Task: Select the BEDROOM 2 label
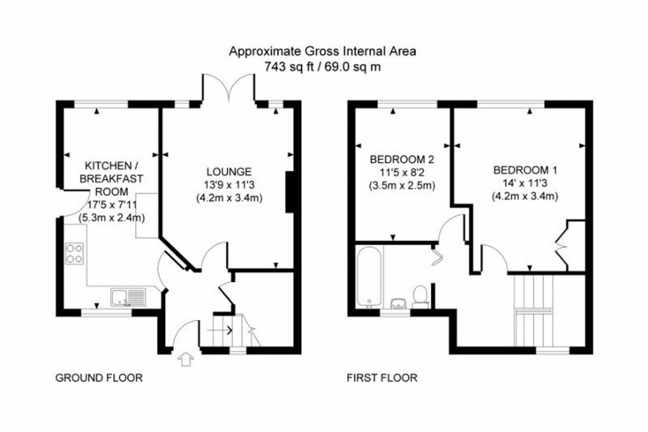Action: click(x=401, y=159)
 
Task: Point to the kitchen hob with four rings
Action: click(x=74, y=253)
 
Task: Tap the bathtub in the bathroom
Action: click(x=368, y=276)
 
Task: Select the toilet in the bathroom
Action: click(x=419, y=296)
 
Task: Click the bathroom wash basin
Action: click(x=398, y=302)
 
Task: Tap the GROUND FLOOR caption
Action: click(x=99, y=378)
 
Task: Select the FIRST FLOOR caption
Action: click(x=382, y=378)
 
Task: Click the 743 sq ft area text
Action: click(x=288, y=65)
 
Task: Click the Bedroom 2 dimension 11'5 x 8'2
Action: click(x=401, y=173)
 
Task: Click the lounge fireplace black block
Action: click(x=289, y=192)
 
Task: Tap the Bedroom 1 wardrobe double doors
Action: click(x=562, y=247)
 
